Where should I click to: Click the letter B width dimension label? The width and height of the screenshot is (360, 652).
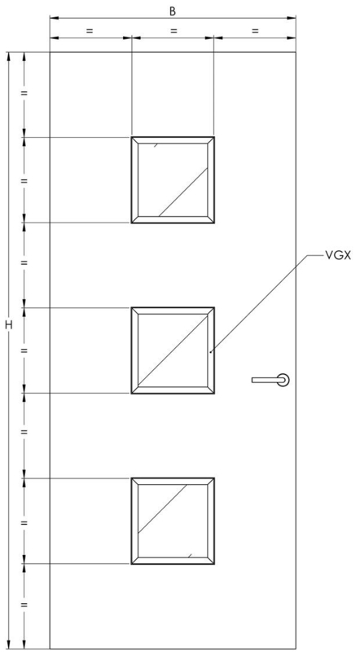(x=173, y=11)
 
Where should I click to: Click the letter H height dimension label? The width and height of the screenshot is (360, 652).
(x=9, y=324)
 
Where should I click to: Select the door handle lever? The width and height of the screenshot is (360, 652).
(x=267, y=380)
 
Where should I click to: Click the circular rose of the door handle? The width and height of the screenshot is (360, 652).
(x=284, y=380)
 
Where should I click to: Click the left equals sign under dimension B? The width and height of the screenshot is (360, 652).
(x=90, y=30)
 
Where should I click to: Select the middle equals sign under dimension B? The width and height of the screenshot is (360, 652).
(x=173, y=30)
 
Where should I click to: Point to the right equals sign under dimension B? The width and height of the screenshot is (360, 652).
(x=255, y=30)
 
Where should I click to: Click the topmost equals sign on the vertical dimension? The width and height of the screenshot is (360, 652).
(x=24, y=93)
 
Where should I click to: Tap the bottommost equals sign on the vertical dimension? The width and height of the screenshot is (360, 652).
(x=24, y=605)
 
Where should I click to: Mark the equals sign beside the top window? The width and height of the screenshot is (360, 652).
(x=24, y=181)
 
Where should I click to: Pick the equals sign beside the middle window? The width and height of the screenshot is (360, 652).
(x=24, y=350)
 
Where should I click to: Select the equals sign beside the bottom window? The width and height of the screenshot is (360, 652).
(x=24, y=522)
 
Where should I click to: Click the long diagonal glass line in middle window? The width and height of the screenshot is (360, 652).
(x=173, y=350)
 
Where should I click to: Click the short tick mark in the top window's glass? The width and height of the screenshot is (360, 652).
(x=156, y=145)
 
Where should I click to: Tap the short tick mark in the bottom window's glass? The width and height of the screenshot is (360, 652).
(x=190, y=556)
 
